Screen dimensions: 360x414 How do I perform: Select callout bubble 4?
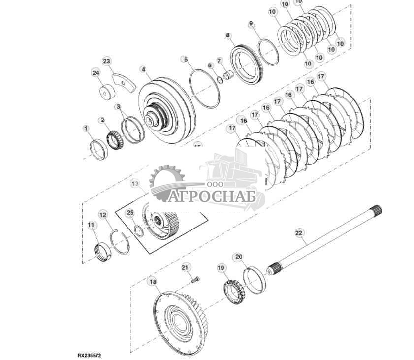143,70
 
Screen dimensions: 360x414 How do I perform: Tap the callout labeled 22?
298,232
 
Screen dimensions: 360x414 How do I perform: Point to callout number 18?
152,282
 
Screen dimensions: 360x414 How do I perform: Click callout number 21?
185,267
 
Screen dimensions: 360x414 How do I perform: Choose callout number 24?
96,73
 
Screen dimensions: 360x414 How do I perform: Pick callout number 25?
130,213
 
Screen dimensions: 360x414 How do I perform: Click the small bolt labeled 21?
195,280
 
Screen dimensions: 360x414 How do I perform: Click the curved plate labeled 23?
125,82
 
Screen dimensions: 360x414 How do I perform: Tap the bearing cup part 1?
98,149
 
